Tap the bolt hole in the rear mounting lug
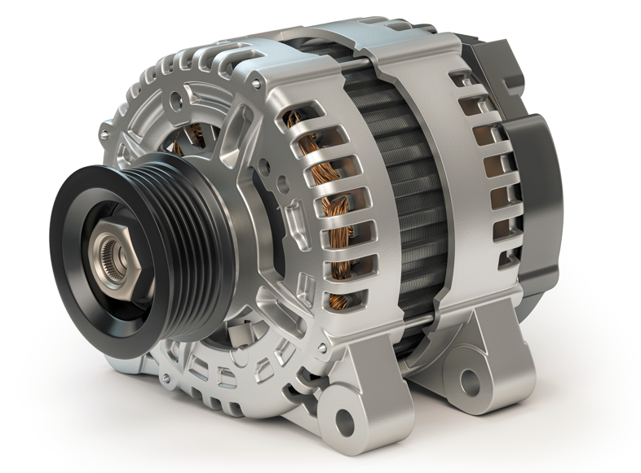[x=468, y=379]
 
